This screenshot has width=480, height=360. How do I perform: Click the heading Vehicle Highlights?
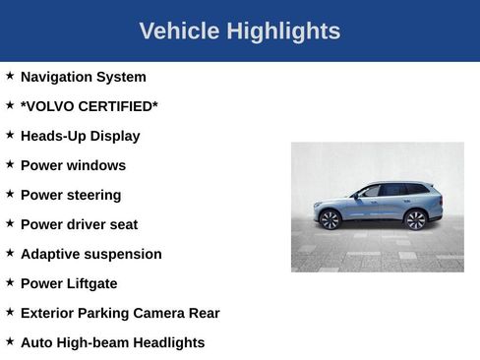(x=240, y=31)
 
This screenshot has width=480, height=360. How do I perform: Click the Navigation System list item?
(x=83, y=77)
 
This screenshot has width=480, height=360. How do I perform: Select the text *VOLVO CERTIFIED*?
(x=89, y=106)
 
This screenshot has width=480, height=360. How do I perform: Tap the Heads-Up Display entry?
(x=80, y=136)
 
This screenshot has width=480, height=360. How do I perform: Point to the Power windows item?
(x=73, y=165)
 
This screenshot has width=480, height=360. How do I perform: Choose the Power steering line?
(x=71, y=195)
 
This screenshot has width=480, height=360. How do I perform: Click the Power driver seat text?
(x=79, y=224)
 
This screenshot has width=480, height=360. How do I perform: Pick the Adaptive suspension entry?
(x=90, y=254)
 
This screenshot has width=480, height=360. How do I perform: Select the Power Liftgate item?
(x=69, y=283)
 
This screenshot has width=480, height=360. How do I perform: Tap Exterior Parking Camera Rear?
(x=120, y=313)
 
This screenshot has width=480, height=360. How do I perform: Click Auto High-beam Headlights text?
(x=112, y=342)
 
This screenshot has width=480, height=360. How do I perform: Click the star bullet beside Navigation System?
(x=10, y=76)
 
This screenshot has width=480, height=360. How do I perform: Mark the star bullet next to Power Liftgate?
(x=10, y=282)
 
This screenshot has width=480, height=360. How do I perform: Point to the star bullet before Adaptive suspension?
(x=10, y=253)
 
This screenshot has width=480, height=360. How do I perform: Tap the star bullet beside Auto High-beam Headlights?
(x=10, y=341)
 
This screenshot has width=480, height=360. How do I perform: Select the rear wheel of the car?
(x=416, y=218)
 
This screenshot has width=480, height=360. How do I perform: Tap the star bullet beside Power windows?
(x=10, y=164)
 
